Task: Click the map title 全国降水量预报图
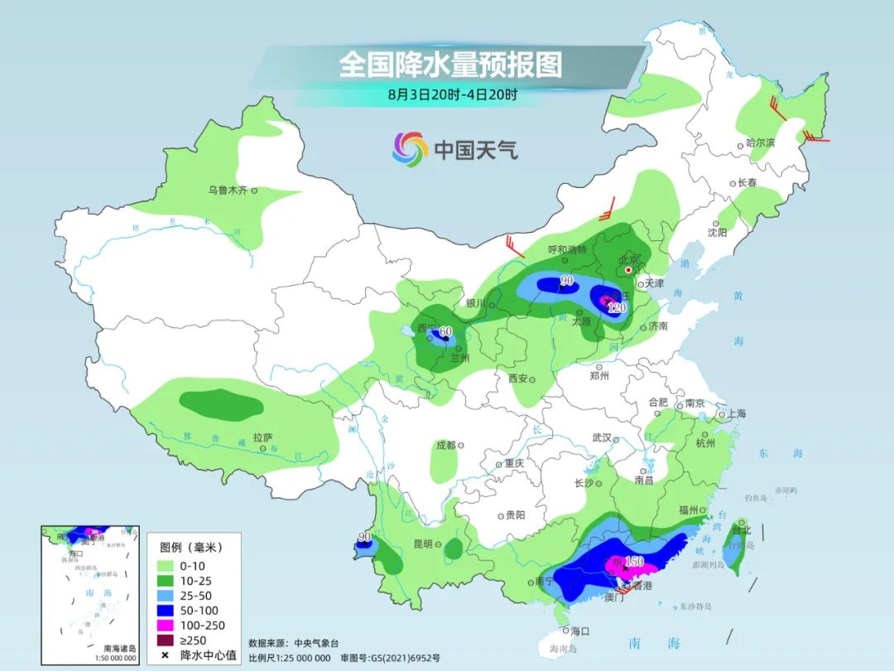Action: (449, 65)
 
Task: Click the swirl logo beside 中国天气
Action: (410, 149)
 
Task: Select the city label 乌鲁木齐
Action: (228, 191)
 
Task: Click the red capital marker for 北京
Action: (628, 270)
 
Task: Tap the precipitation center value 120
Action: (616, 308)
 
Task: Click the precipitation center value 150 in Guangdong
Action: (634, 562)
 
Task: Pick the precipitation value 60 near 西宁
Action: (445, 332)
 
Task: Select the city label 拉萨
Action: (262, 437)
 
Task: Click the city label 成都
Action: (445, 445)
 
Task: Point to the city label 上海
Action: (736, 413)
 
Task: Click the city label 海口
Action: (580, 631)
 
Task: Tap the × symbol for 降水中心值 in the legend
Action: (165, 655)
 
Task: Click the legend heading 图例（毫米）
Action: (190, 548)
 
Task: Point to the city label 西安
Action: (518, 378)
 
